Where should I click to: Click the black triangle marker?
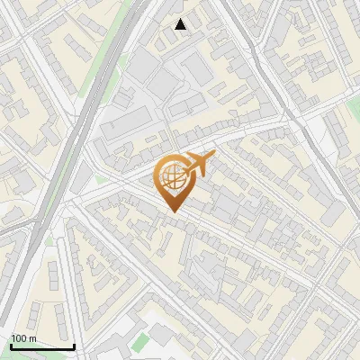[181, 24]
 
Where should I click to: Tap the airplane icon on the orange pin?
[197, 165]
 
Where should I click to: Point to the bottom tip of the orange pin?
[172, 211]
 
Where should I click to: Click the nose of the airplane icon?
[213, 157]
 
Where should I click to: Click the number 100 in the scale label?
[19, 338]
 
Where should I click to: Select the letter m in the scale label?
[31, 338]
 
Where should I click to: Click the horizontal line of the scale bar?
[41, 346]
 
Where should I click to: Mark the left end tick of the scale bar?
[10, 345]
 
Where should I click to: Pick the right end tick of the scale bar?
[74, 345]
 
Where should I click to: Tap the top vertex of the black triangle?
[181, 19]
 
